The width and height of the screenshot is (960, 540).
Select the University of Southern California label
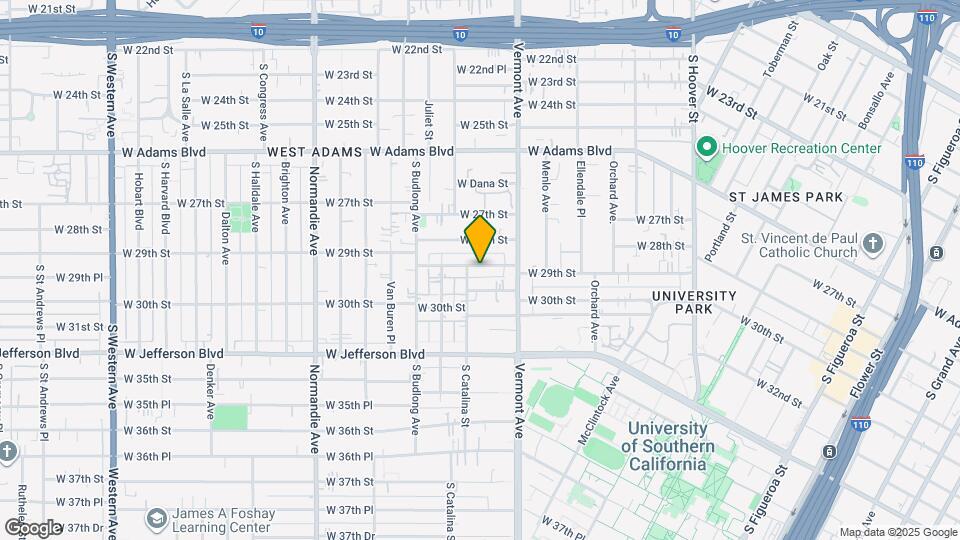670,446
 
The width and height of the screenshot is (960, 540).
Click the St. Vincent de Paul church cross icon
873,243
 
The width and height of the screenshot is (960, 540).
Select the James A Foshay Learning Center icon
156,518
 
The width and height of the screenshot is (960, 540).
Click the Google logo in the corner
33,527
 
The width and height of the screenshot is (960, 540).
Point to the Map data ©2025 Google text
897,532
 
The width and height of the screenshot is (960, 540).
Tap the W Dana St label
483,183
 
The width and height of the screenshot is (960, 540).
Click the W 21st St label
52,8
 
